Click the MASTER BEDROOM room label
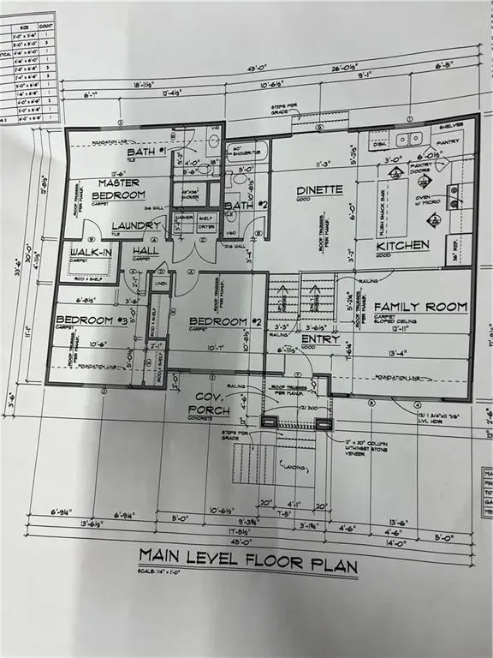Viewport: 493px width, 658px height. [x=119, y=188]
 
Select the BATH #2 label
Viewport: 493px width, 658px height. [x=240, y=206]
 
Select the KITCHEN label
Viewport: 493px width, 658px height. [x=403, y=246]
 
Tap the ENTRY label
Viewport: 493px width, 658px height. [x=319, y=339]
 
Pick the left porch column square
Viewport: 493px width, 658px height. [x=268, y=422]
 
